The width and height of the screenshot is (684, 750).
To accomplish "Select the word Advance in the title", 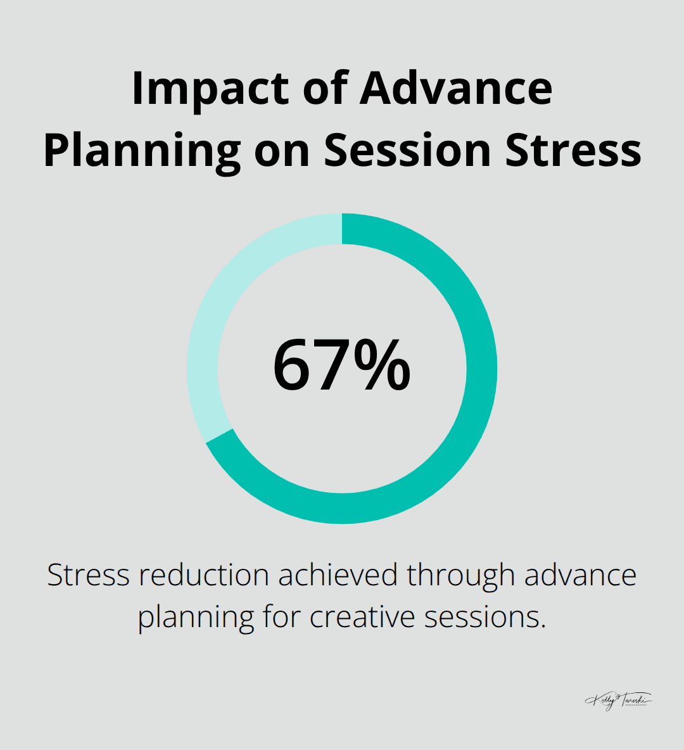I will pyautogui.click(x=456, y=89).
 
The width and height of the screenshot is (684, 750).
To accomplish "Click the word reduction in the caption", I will pyautogui.click(x=205, y=575).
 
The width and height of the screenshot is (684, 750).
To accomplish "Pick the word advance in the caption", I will pyautogui.click(x=580, y=575).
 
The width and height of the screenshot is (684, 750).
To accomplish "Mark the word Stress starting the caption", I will pyautogui.click(x=89, y=575).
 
